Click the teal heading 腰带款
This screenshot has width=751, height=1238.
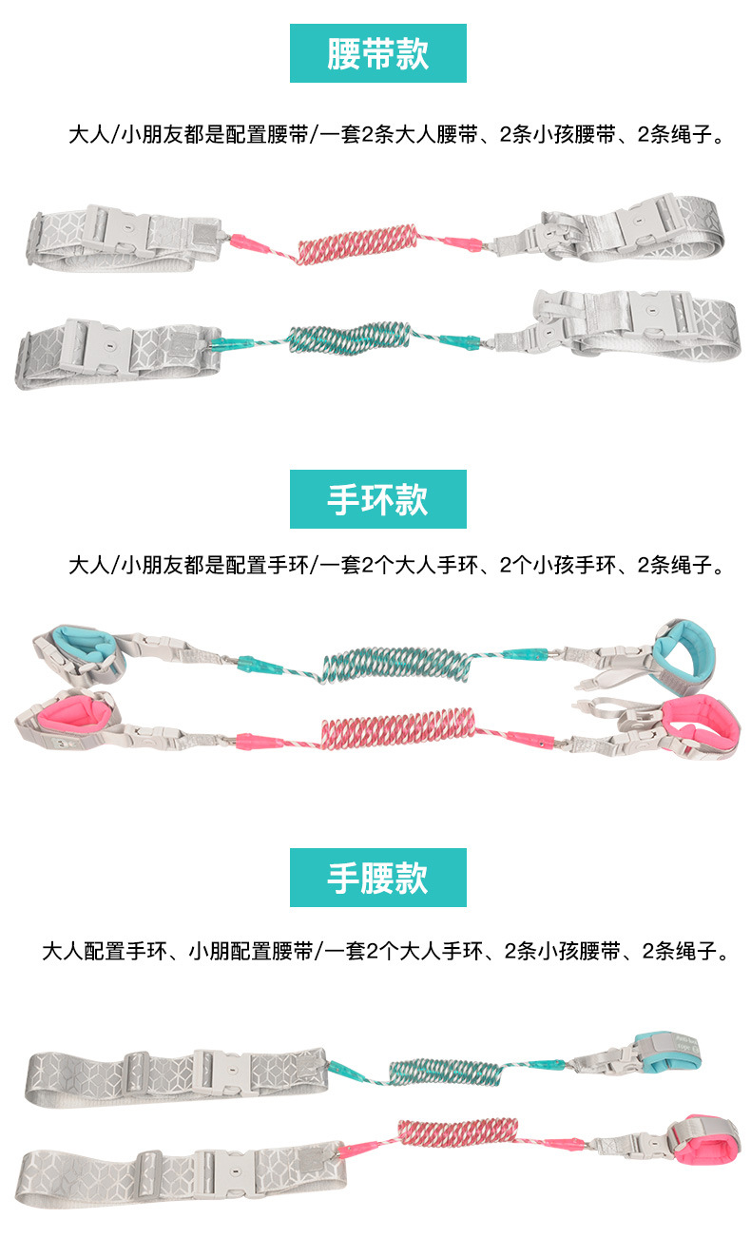pos(378,53)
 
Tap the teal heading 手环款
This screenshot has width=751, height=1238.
pos(378,499)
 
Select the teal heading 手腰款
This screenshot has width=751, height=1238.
pos(378,878)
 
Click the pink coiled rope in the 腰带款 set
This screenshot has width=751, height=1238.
pos(358,243)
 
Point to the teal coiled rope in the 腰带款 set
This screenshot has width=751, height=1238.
pos(349,338)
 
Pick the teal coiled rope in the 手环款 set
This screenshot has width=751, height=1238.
pos(396,664)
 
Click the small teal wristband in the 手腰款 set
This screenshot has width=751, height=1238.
pos(668,1050)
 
